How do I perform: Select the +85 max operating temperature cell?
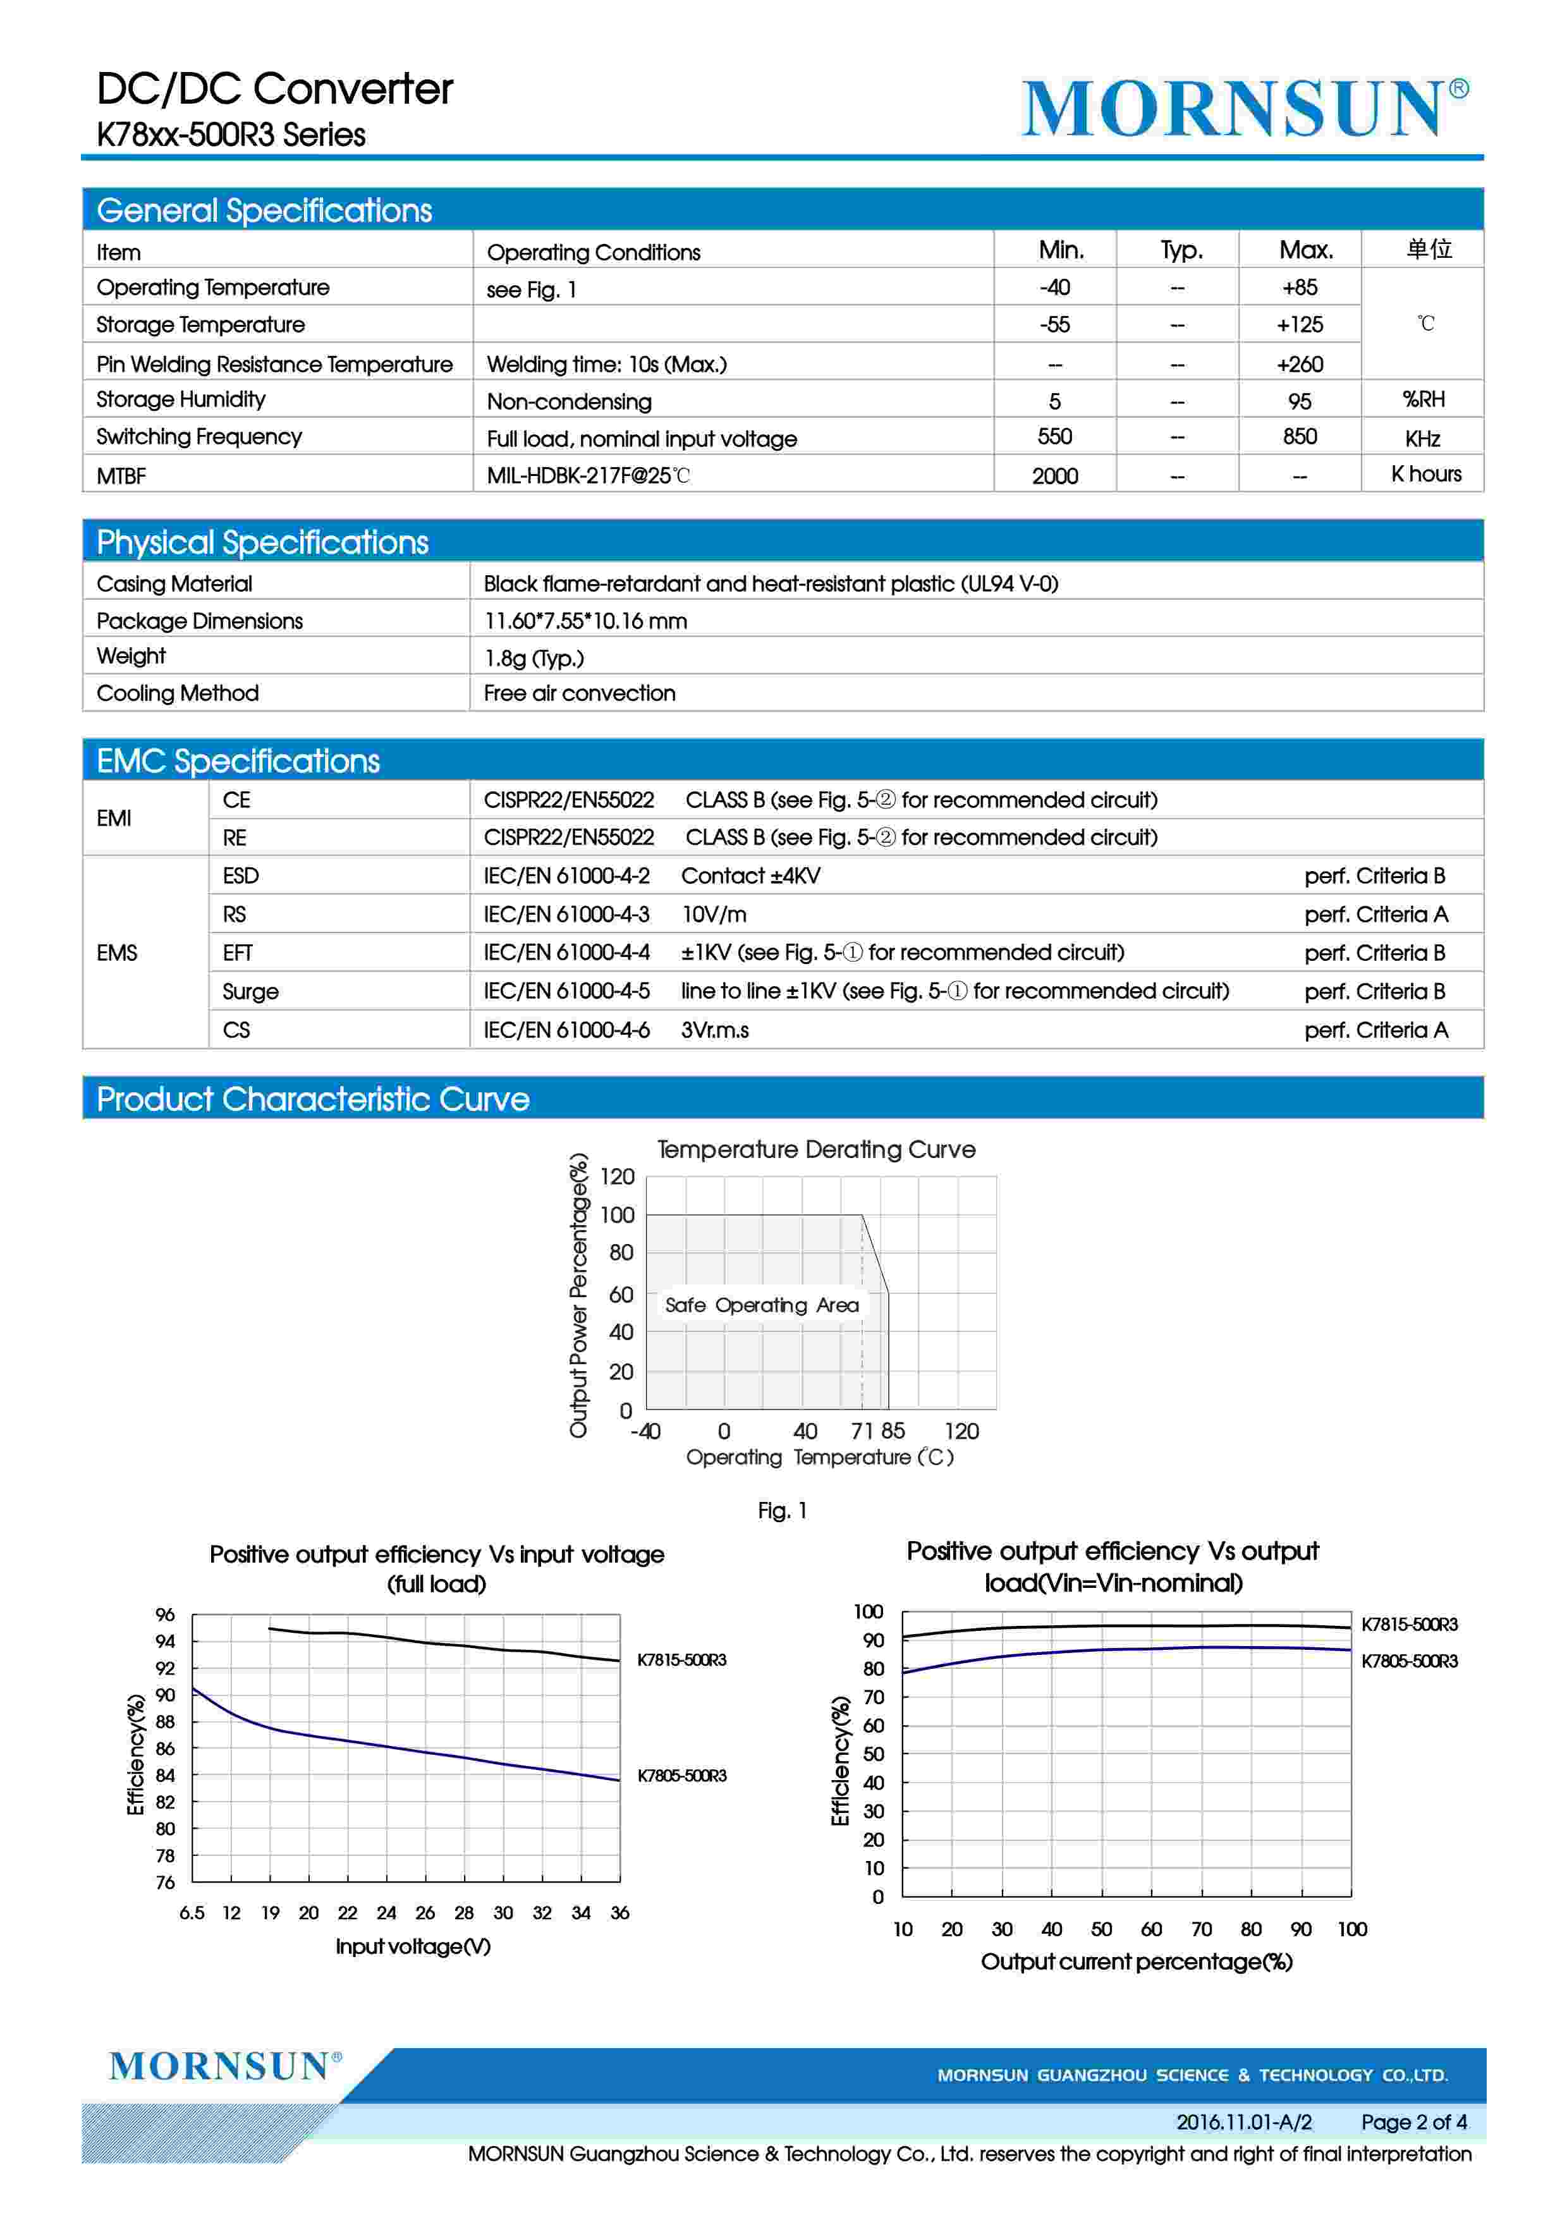(1299, 288)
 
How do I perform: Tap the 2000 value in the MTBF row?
(1054, 475)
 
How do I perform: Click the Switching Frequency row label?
(198, 437)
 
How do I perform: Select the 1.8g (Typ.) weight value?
(534, 658)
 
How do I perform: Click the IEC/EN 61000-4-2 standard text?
(566, 876)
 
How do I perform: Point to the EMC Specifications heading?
(238, 761)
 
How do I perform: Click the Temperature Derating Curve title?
(815, 1149)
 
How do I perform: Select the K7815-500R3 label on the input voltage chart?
(681, 1659)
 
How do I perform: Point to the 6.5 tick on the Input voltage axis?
(192, 1913)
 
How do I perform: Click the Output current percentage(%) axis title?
(1136, 1962)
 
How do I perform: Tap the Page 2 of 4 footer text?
(1413, 2122)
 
